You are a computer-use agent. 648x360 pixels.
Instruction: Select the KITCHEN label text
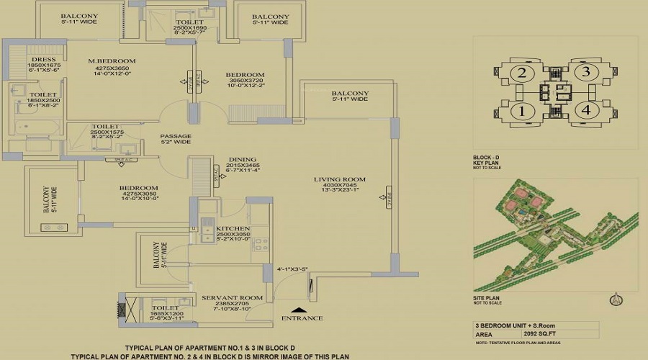tap(233, 228)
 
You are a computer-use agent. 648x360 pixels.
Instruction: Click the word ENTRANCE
tap(302, 318)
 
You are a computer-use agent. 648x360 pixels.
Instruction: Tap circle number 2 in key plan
tap(523, 73)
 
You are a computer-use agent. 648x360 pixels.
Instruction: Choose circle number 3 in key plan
tap(587, 71)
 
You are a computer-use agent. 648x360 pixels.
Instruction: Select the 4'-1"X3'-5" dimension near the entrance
tap(292, 271)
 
